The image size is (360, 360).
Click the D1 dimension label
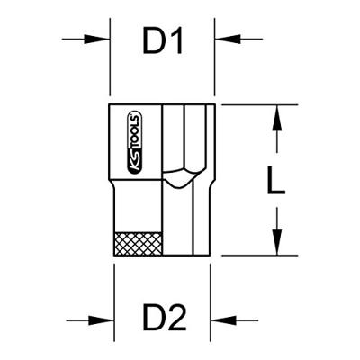click(x=163, y=40)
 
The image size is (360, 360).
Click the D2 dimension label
click(x=165, y=317)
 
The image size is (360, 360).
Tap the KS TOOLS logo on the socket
click(x=135, y=143)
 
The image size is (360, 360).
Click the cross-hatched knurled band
click(x=139, y=244)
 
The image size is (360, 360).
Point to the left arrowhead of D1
click(x=96, y=39)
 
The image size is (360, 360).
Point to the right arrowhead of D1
click(x=228, y=39)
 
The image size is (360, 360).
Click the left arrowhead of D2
click(x=101, y=320)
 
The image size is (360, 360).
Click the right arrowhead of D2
click(x=223, y=320)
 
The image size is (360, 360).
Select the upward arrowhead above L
click(x=278, y=118)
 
